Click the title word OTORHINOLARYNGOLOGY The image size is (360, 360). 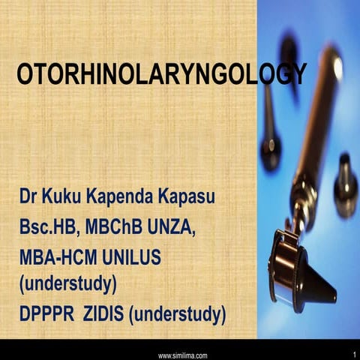161,74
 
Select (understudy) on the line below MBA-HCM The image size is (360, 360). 67,283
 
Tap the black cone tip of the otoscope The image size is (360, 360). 318,289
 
